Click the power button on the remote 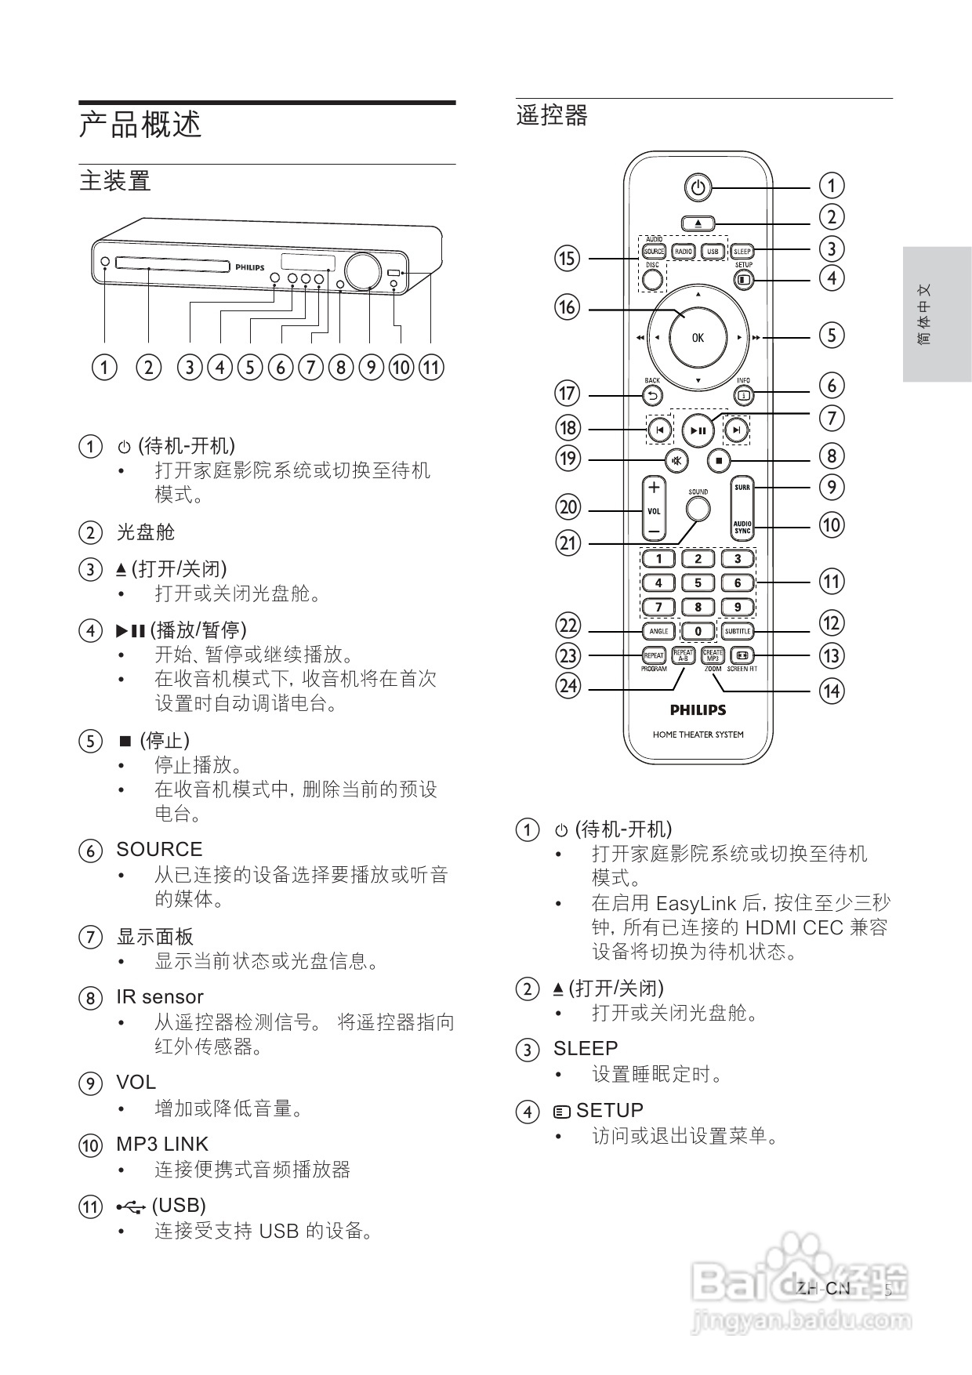[698, 188]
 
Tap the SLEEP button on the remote [742, 252]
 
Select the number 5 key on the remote [698, 583]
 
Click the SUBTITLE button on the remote [738, 631]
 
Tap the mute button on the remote [676, 460]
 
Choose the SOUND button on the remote [698, 510]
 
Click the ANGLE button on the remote [658, 631]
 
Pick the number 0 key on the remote [698, 631]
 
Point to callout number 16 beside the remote [567, 307]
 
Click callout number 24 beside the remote [568, 687]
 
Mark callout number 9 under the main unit [370, 367]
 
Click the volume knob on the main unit [360, 271]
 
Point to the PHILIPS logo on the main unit [250, 267]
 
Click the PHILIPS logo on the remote [698, 710]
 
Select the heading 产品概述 [141, 125]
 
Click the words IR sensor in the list [160, 997]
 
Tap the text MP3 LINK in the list [162, 1145]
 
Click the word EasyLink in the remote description [697, 903]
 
